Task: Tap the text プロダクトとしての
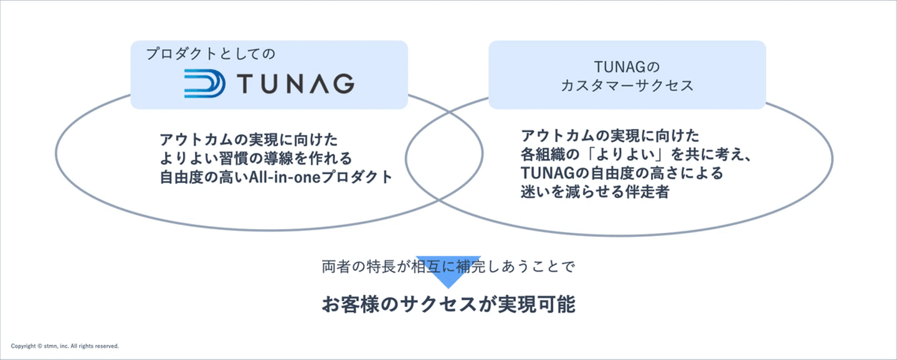210,54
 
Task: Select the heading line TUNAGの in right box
627,67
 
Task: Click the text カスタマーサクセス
627,86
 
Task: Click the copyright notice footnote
65,346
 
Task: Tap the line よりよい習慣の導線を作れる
256,158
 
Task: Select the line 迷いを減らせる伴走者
595,192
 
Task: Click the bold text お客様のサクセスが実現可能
448,305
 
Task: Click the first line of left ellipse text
249,138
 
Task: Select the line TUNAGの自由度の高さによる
622,173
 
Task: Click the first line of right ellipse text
610,135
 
